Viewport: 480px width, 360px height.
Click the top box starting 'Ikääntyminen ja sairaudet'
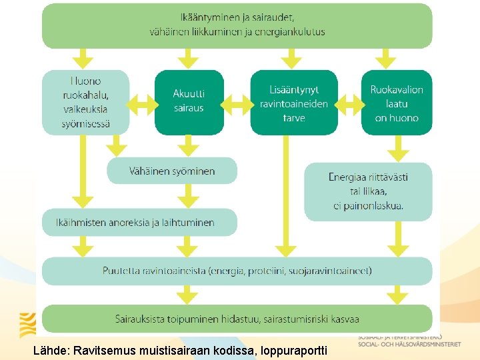237,25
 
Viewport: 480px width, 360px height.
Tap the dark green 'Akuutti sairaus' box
189,101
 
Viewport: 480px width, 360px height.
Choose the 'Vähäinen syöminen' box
172,171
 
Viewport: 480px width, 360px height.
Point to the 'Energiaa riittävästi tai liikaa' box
368,191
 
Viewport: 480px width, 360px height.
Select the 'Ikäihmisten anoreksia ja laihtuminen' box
139,222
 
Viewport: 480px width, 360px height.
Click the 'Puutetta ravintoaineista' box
237,271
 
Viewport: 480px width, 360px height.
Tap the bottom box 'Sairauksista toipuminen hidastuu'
237,318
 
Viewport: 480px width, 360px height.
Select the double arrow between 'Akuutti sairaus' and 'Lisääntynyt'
237,102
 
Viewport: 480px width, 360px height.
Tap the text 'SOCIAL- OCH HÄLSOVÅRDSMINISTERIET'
409,345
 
